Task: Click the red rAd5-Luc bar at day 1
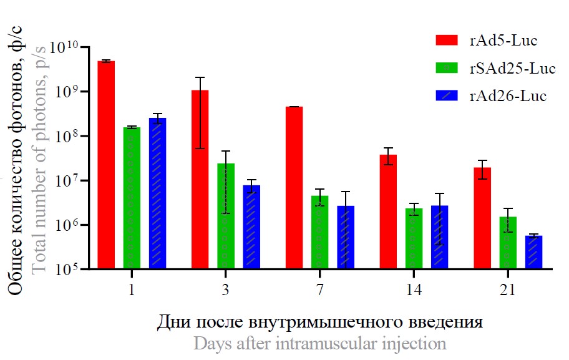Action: point(106,165)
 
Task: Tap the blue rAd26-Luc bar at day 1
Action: point(157,193)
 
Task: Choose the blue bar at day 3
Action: point(251,227)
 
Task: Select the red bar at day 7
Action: point(294,188)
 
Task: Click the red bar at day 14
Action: point(388,212)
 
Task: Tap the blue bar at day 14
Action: point(439,237)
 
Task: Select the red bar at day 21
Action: point(482,218)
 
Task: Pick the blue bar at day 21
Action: point(533,252)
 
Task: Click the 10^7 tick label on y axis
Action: point(69,182)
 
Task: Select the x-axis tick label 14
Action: point(414,290)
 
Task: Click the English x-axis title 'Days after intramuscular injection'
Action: point(320,343)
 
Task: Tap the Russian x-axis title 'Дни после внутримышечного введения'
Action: point(320,323)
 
